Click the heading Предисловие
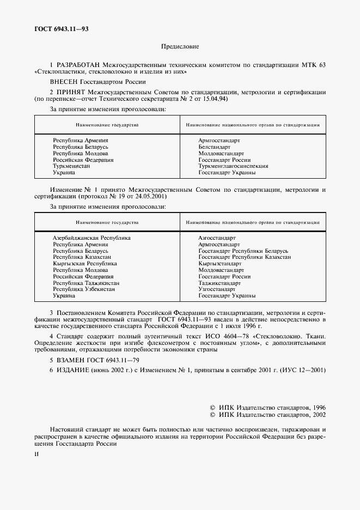point(180,47)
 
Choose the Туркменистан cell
point(71,166)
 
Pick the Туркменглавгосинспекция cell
point(233,166)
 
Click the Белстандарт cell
point(215,147)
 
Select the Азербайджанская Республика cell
point(91,238)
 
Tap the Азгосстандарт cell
point(217,238)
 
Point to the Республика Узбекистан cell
point(84,289)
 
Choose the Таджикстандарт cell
point(219,283)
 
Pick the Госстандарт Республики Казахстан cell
point(245,257)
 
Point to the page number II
point(36,452)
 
